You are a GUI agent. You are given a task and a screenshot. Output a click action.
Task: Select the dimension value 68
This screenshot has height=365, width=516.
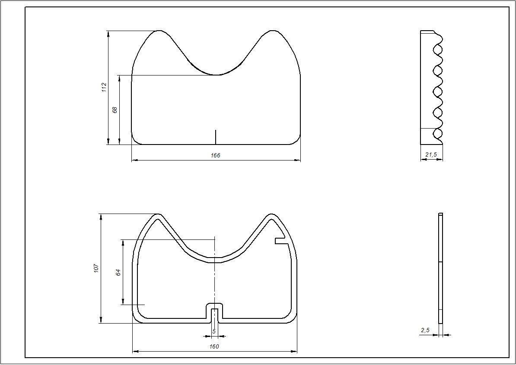point(115,110)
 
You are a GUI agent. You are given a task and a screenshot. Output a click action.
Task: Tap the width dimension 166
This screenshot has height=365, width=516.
point(216,155)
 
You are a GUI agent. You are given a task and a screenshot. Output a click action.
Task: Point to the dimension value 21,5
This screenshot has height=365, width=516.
point(431,154)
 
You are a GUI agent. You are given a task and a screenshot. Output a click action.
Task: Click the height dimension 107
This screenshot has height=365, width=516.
point(96,268)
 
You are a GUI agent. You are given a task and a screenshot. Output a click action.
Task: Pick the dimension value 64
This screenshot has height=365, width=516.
point(118,272)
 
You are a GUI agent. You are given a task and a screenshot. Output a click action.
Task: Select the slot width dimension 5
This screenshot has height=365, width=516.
point(214,331)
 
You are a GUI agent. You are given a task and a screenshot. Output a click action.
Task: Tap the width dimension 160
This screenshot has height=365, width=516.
point(214,346)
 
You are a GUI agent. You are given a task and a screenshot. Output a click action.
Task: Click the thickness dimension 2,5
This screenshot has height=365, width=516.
point(425,330)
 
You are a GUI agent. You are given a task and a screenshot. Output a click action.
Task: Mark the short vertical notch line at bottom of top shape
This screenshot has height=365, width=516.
point(216,137)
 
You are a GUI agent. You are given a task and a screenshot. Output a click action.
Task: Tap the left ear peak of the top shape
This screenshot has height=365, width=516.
point(160,31)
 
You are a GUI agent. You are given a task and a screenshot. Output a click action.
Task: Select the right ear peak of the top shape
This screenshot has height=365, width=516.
point(272,31)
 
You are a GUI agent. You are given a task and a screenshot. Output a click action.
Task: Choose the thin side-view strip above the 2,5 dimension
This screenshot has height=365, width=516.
point(440,268)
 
